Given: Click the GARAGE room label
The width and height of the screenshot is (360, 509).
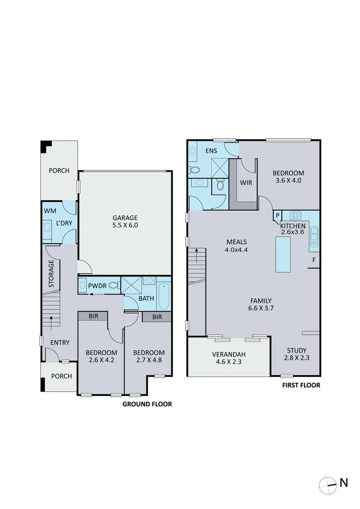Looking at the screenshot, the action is coord(125,218).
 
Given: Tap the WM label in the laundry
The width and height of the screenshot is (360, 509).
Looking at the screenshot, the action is coord(50,211).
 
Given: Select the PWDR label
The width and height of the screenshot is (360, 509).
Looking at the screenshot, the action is coord(98,286).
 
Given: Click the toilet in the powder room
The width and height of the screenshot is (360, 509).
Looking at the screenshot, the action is coord(113,285).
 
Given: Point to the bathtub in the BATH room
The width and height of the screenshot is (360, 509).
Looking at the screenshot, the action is coord(164,297).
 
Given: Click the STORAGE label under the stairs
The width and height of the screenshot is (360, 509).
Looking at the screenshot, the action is coord(51,274).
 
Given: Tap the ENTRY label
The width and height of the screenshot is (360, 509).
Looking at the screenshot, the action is coord(60,343).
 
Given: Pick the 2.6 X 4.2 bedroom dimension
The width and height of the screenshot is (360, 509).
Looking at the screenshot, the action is coord(101,360).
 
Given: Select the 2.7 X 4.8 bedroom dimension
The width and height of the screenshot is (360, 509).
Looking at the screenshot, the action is coord(149,360).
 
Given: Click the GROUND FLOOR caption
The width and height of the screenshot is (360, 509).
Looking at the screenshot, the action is coord(147,404).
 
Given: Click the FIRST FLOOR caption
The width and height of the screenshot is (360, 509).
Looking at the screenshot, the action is coord(301,386).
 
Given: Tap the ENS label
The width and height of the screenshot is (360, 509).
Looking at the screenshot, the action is coord(211,151).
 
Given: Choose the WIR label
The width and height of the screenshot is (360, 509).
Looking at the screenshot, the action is coord(246,183).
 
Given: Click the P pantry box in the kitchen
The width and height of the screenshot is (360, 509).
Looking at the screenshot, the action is coord(278,215).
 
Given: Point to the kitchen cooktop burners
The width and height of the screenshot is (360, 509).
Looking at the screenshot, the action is coord(295,215).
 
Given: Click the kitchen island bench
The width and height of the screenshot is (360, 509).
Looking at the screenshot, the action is coord(283,254).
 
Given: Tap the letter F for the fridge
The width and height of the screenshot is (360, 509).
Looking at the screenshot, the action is coord(314,260).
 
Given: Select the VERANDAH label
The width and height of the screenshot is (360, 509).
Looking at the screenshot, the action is coord(229,354).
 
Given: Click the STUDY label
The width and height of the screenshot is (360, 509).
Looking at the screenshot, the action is coord(297,351).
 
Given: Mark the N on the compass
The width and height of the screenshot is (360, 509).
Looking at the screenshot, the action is coord(344,483).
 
